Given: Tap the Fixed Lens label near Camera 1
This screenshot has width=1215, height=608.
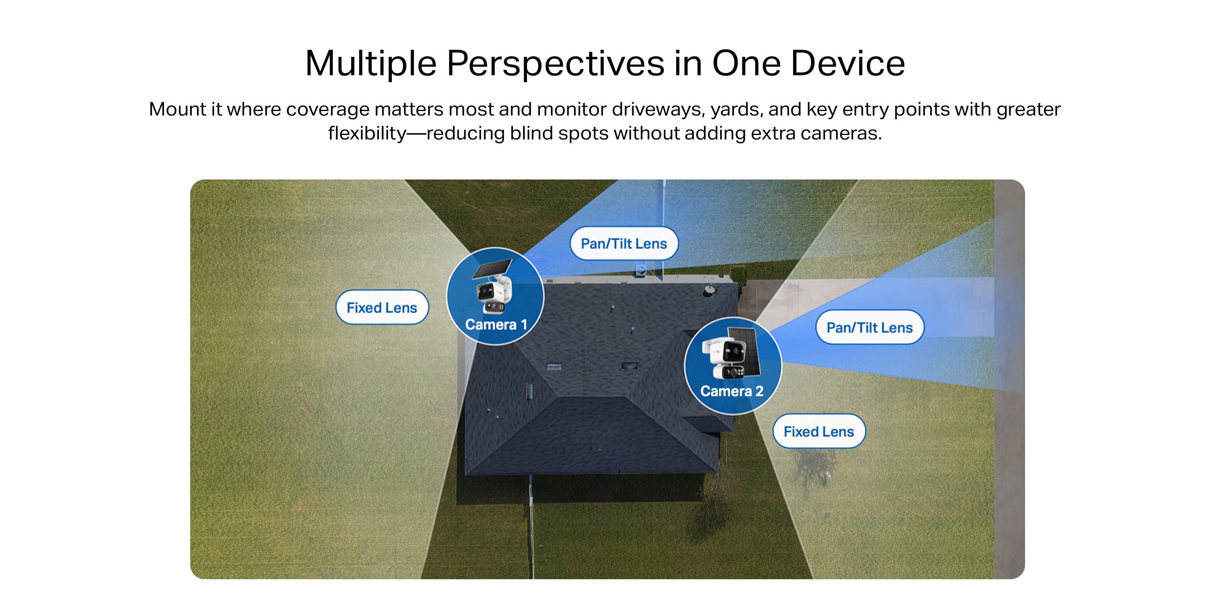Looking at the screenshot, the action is pos(382,308).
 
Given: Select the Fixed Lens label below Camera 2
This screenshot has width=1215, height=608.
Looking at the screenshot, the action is pos(819,431).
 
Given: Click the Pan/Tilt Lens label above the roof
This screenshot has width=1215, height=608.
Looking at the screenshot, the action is pos(624,244).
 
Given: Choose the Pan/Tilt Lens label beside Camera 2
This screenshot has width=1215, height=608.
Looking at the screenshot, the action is pos(870,328).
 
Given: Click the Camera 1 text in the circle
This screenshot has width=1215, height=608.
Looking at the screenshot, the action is pos(496,325).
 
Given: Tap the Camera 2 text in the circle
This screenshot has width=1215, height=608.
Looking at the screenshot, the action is pos(732,391).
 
